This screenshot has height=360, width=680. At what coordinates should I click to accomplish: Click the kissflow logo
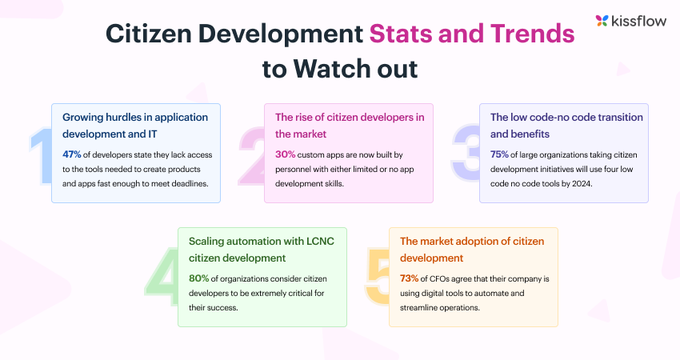[x=626, y=21]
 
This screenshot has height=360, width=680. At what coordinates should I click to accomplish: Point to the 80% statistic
[x=199, y=278]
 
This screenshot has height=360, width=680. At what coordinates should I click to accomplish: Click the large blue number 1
[x=40, y=155]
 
